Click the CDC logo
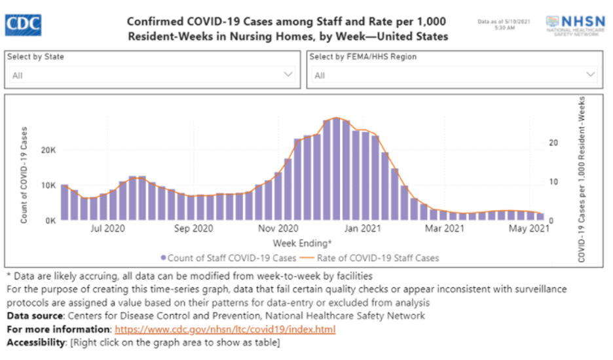[x=23, y=24]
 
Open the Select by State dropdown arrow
[x=288, y=75]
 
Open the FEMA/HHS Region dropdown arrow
[x=590, y=75]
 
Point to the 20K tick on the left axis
[x=46, y=150]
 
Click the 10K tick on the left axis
[x=46, y=185]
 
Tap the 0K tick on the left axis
[x=49, y=221]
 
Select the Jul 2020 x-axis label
[x=107, y=229]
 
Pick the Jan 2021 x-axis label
[x=362, y=229]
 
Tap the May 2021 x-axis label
[x=529, y=229]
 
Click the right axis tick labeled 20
[x=553, y=143]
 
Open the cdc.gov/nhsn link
[x=225, y=329]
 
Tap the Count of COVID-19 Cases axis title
[x=24, y=175]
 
